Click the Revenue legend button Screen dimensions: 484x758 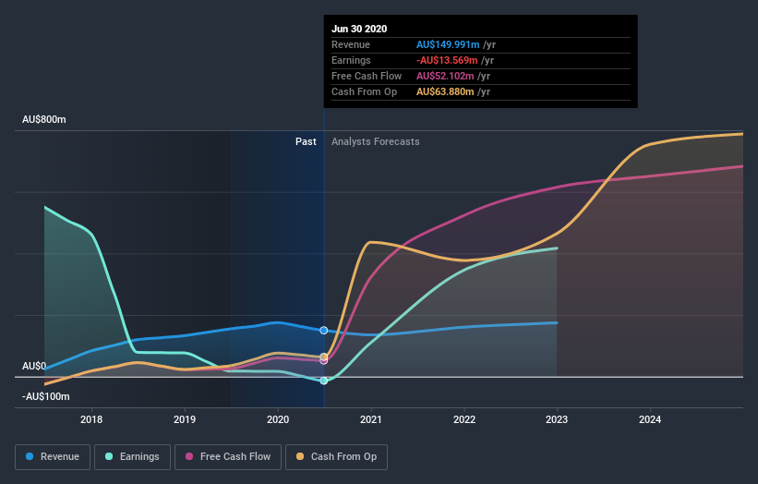coord(53,456)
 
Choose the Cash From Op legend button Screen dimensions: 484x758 coord(337,456)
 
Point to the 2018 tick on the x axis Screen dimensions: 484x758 coord(91,419)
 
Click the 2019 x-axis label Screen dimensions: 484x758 coord(185,419)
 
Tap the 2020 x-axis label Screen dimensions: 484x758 coord(278,419)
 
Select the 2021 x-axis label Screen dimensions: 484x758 coord(371,419)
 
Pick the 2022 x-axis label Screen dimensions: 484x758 coord(464,419)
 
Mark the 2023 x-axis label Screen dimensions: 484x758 coord(557,419)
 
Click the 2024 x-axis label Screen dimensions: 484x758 coord(650,419)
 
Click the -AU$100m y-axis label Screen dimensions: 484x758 coord(46,396)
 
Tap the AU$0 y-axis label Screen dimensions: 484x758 coord(34,366)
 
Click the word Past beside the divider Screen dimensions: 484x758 coord(306,141)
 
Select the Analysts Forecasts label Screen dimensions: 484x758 coord(375,141)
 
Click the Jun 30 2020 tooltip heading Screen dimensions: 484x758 coord(360,29)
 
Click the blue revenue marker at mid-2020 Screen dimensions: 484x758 coord(324,330)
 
